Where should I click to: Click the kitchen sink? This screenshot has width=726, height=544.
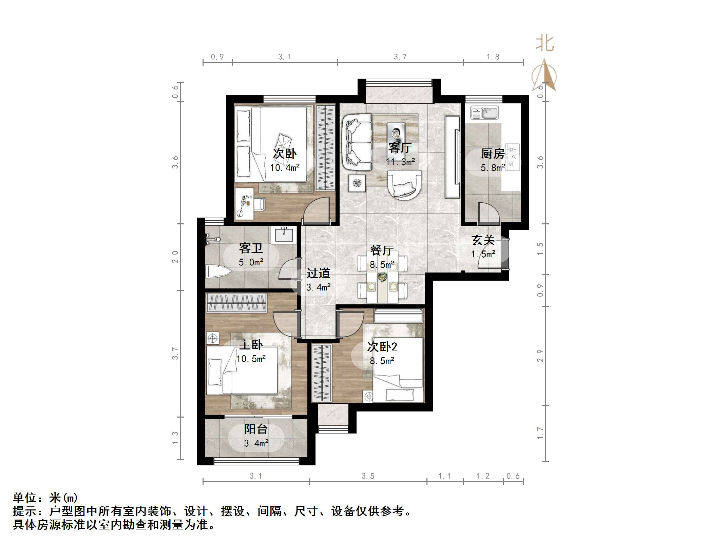[x=484, y=113]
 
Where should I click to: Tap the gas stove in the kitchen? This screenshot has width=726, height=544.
[x=513, y=157]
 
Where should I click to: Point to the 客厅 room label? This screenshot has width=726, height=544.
[x=400, y=148]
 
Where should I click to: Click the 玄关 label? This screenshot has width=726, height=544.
[x=483, y=240]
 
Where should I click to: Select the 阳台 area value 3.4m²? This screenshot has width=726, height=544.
[x=256, y=443]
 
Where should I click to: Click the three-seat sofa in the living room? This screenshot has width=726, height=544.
[x=357, y=142]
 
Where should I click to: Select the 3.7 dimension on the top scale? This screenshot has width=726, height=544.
[x=400, y=57]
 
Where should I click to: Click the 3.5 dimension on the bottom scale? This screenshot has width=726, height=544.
[x=368, y=476]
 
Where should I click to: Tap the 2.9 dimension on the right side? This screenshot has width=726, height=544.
[x=540, y=356]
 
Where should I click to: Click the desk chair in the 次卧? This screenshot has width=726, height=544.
[x=259, y=204]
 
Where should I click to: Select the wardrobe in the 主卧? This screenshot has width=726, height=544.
[x=236, y=302]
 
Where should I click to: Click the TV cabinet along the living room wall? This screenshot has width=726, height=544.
[x=453, y=157]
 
